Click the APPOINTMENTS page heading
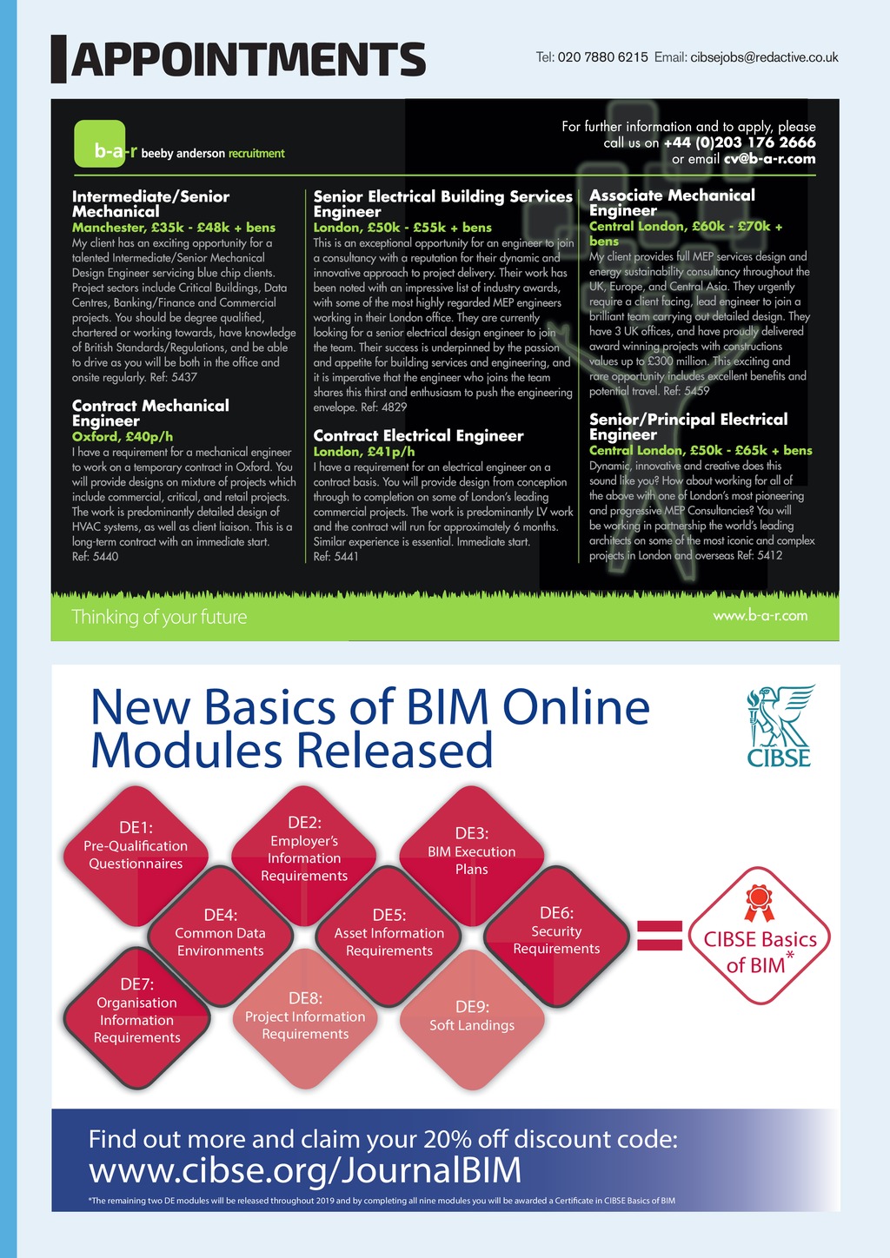[248, 59]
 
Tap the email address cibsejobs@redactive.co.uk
[764, 57]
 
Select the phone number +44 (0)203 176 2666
[739, 142]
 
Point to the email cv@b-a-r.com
[769, 158]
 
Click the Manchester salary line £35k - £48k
[174, 228]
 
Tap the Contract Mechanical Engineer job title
[150, 413]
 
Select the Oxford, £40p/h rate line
[123, 436]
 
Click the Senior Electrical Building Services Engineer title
[442, 203]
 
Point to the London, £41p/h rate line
[364, 452]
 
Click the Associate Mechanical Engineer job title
[672, 202]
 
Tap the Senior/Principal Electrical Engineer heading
[688, 427]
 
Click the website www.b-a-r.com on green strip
[760, 616]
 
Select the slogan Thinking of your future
[159, 618]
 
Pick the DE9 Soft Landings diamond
[472, 1016]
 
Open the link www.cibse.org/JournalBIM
[305, 1170]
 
